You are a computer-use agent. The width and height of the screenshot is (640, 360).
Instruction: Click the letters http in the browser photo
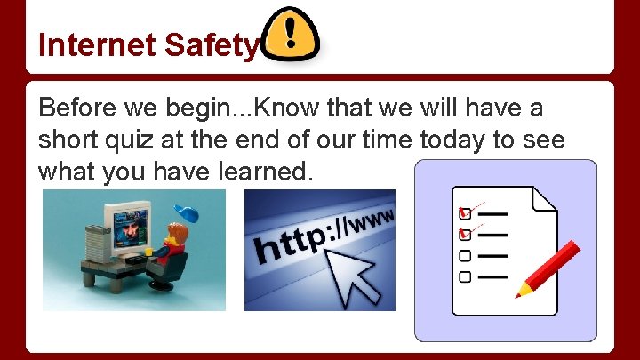(289, 240)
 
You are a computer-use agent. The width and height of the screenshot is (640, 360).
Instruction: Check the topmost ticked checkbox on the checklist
(464, 214)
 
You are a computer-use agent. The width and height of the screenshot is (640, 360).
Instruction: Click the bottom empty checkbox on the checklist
(464, 276)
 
